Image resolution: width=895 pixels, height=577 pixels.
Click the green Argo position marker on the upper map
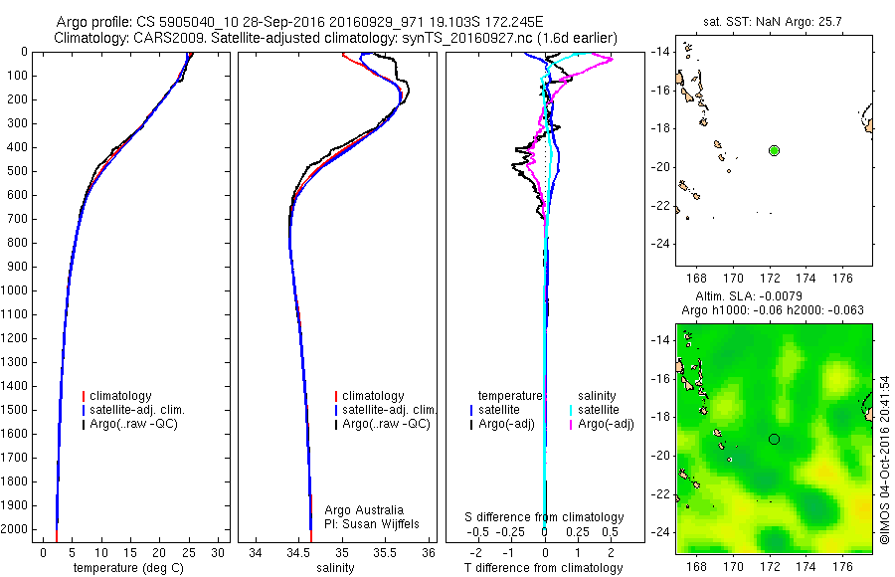(774, 150)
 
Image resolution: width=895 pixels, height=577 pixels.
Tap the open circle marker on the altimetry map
(774, 439)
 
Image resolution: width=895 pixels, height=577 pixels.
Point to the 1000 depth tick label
(16, 290)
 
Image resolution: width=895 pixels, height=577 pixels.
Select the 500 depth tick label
(19, 171)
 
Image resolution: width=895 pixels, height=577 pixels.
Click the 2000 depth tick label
(16, 529)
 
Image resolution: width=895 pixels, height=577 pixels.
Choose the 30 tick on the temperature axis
(219, 552)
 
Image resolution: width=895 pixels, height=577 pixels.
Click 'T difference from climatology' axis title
(544, 568)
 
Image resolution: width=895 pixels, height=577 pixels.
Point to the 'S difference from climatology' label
(544, 517)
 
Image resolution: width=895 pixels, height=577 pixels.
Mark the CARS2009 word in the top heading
(160, 38)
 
